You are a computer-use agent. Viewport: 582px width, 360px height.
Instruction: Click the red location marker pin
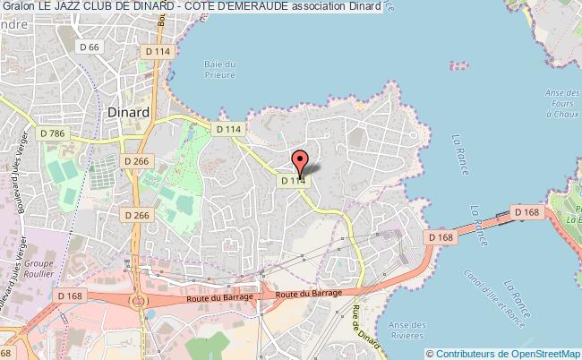(300, 162)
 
